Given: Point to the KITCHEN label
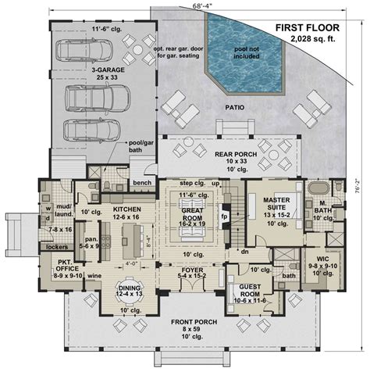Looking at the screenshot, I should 126,210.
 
